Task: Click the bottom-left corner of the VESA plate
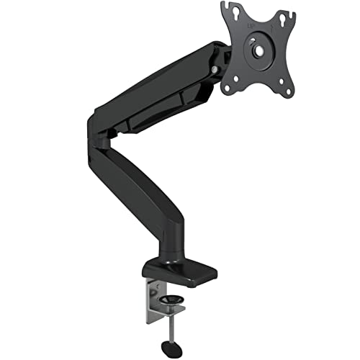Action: (228, 89)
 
